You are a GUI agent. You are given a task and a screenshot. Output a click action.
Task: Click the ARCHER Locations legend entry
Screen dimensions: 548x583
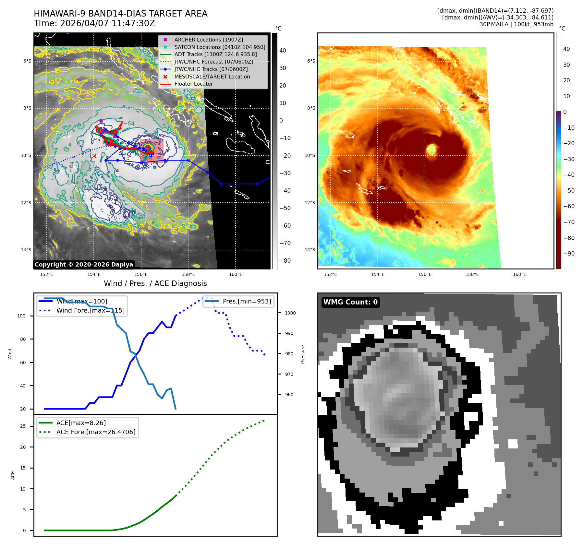pos(208,40)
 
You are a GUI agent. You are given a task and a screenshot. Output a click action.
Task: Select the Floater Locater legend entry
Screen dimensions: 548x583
pos(193,84)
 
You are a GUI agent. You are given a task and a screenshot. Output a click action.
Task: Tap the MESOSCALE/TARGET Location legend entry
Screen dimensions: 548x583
pos(212,77)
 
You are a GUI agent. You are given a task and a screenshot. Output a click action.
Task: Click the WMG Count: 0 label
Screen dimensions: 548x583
pos(350,302)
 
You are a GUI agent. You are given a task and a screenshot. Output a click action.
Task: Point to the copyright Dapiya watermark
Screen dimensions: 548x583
pos(84,265)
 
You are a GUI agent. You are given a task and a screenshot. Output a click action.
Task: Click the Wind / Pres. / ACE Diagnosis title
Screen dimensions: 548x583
pos(155,283)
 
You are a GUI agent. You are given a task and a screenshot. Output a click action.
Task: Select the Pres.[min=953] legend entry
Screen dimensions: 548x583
pos(247,301)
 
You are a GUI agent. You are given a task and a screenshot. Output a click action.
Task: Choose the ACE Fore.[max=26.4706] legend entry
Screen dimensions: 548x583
pos(96,432)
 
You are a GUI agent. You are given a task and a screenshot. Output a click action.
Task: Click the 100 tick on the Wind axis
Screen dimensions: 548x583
pos(21,316)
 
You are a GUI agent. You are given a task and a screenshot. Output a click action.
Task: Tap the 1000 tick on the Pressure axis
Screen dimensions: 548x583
pos(290,313)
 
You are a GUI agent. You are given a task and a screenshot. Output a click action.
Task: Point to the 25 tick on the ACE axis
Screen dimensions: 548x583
pos(23,426)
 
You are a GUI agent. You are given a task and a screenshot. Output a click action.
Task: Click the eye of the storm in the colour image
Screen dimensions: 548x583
pos(431,149)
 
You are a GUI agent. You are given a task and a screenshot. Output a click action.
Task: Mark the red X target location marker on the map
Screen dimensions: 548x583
pos(94,156)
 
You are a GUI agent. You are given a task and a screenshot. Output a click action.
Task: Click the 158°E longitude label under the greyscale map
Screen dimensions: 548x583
pos(188,275)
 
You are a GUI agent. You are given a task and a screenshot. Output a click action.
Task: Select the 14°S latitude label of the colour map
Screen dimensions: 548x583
pos(310,250)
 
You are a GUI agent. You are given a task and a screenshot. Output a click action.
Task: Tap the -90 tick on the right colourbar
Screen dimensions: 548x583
pos(569,254)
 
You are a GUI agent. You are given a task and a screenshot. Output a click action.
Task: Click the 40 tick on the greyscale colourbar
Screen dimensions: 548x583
pos(283,51)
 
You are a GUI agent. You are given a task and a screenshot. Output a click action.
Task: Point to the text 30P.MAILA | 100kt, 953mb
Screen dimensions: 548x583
pos(516,24)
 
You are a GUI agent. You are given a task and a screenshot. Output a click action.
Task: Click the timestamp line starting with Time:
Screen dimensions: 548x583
pos(94,23)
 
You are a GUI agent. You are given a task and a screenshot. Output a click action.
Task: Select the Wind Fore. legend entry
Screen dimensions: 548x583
pos(90,310)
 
